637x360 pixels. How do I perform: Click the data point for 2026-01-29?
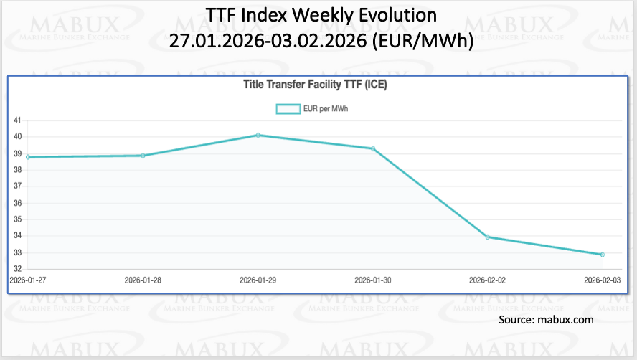pyautogui.click(x=258, y=135)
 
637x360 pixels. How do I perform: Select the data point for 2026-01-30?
pyautogui.click(x=373, y=148)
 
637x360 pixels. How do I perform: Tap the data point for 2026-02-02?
pyautogui.click(x=488, y=237)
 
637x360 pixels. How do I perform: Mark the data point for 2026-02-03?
pyautogui.click(x=603, y=255)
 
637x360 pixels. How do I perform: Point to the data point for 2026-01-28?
pyautogui.click(x=143, y=155)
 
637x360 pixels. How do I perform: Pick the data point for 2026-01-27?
pyautogui.click(x=28, y=157)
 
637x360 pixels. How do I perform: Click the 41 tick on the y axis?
pyautogui.click(x=17, y=120)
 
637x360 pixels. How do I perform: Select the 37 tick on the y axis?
pyautogui.click(x=17, y=186)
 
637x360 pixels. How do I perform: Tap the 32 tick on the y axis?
pyautogui.click(x=17, y=269)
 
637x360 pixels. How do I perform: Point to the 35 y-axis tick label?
pyautogui.click(x=17, y=219)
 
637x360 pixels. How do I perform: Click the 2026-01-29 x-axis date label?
pyautogui.click(x=258, y=280)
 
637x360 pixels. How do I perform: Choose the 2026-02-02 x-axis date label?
pyautogui.click(x=488, y=280)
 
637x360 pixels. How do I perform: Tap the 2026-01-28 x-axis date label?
pyautogui.click(x=143, y=280)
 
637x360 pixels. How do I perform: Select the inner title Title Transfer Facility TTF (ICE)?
pyautogui.click(x=316, y=85)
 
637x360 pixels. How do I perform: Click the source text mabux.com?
pyautogui.click(x=566, y=319)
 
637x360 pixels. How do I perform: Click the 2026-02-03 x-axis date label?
pyautogui.click(x=601, y=280)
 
